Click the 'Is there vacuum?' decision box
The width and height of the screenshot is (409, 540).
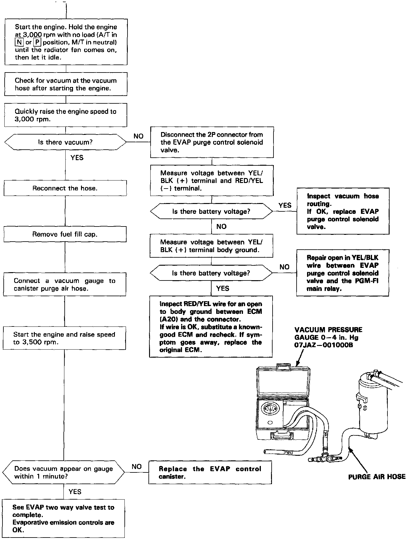(65, 142)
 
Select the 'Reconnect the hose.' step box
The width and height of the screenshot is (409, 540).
(65, 188)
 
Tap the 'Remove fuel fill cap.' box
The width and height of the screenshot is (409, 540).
(65, 234)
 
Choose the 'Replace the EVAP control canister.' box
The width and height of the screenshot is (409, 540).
(210, 472)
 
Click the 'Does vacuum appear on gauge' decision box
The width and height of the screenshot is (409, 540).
(63, 472)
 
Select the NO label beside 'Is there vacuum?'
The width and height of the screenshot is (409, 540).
(139, 136)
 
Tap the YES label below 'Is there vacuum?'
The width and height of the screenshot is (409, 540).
(77, 158)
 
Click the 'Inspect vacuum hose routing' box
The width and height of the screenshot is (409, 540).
(343, 211)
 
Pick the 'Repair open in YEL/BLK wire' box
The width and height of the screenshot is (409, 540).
(342, 273)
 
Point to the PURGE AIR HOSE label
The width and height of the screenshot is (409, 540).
(377, 477)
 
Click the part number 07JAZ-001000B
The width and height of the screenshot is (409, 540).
(323, 345)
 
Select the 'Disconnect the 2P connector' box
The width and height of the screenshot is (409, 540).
(212, 142)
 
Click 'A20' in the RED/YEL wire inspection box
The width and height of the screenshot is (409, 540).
(168, 319)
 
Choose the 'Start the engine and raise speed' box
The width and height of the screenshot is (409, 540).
(64, 338)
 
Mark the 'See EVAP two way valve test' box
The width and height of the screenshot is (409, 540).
(63, 518)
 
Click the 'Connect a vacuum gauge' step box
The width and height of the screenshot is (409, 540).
(65, 285)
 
